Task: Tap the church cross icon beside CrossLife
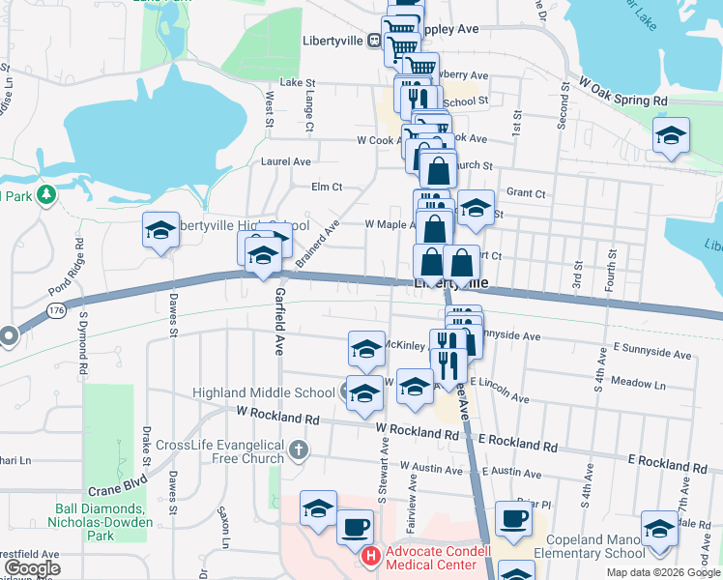(300, 449)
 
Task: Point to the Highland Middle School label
(263, 392)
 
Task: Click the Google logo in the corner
(32, 568)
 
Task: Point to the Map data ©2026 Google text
(663, 572)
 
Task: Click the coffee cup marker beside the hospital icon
(356, 528)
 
